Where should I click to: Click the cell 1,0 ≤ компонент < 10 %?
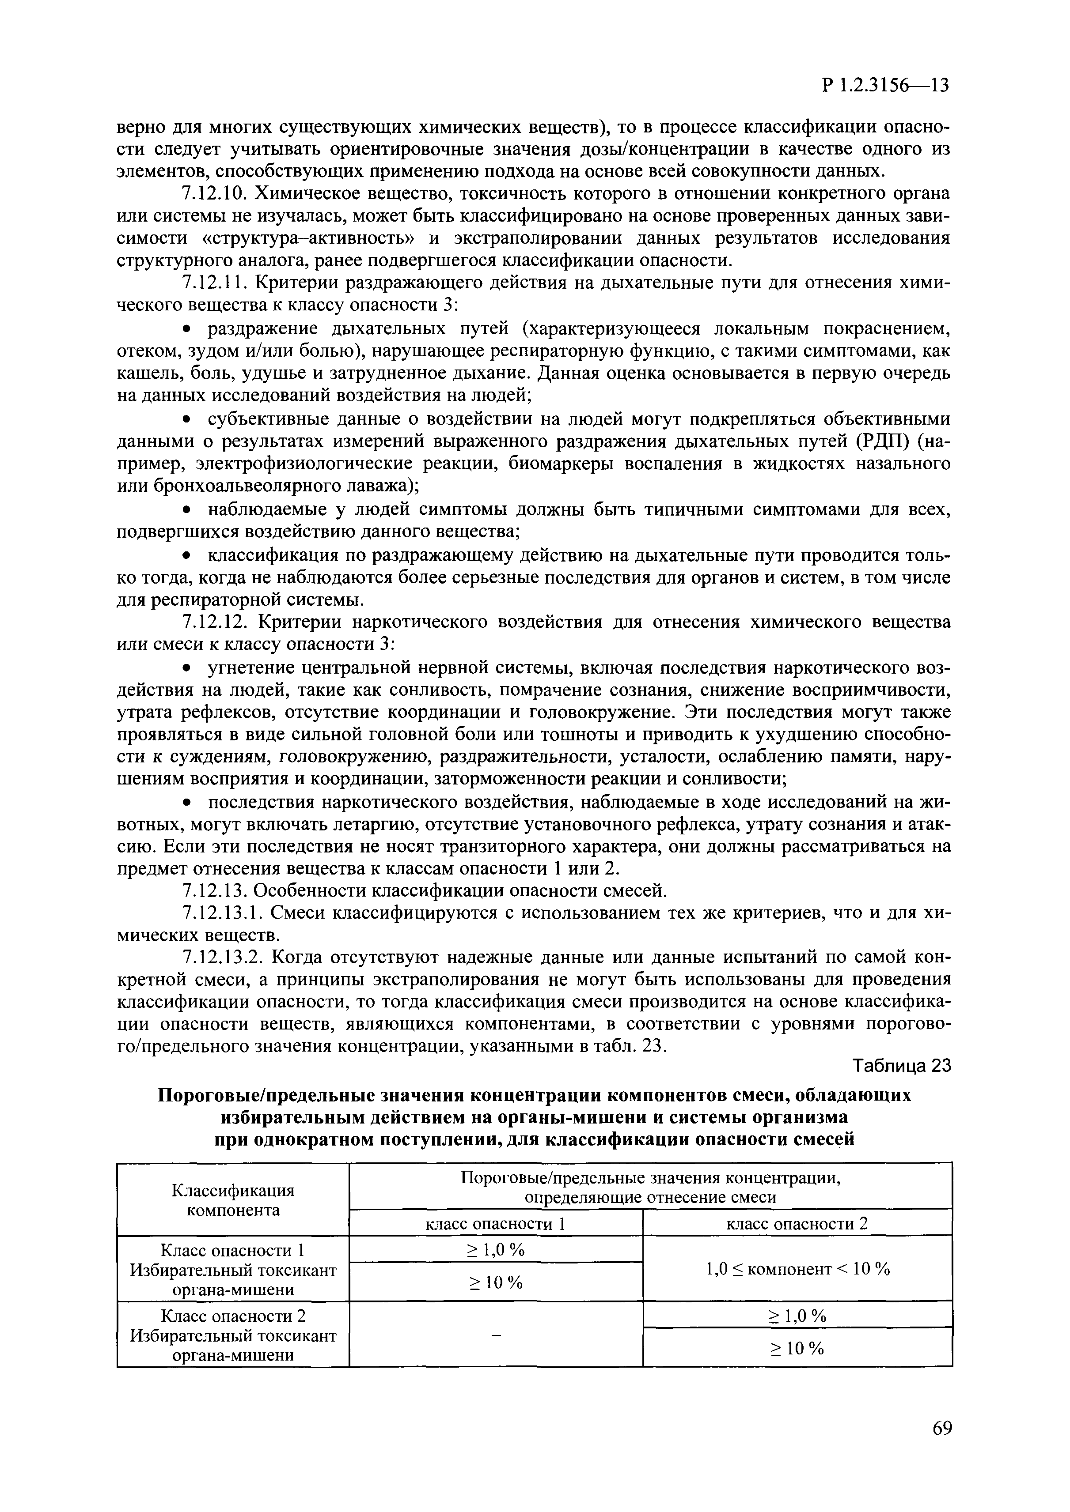point(797,1269)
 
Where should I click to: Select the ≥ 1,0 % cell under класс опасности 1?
point(496,1248)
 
